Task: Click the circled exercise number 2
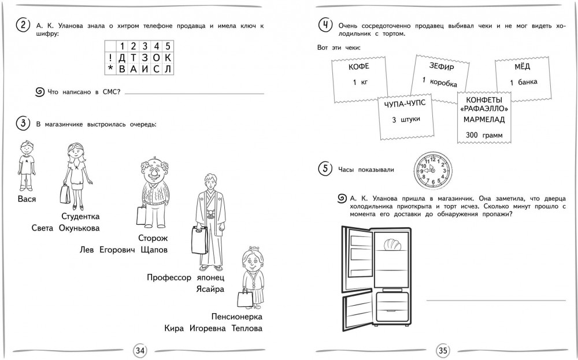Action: point(22,25)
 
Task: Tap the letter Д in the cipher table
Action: point(121,57)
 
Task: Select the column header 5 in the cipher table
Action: point(167,46)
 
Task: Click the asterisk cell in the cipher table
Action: point(110,69)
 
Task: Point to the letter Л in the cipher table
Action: point(167,69)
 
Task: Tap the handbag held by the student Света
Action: point(65,194)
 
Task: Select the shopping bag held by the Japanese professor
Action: point(199,239)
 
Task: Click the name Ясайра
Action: point(209,289)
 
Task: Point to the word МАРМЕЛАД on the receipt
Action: point(484,120)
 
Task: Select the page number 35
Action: point(443,350)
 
